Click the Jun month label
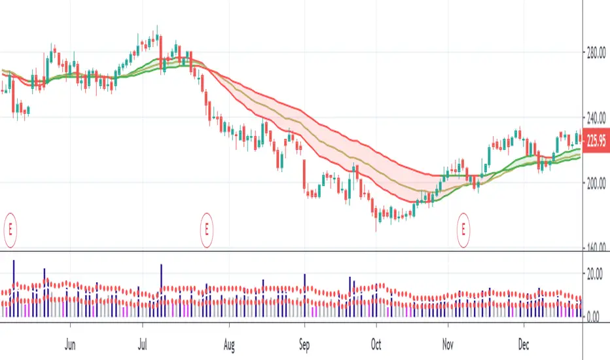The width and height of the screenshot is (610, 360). tap(71, 342)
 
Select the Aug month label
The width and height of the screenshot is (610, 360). tap(228, 342)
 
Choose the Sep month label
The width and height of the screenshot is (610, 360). tap(304, 342)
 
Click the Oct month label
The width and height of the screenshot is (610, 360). tap(376, 342)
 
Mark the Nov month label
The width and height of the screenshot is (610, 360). tap(448, 342)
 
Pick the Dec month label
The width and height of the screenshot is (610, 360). tap(524, 342)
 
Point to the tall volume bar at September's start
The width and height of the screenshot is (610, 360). tap(305, 295)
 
